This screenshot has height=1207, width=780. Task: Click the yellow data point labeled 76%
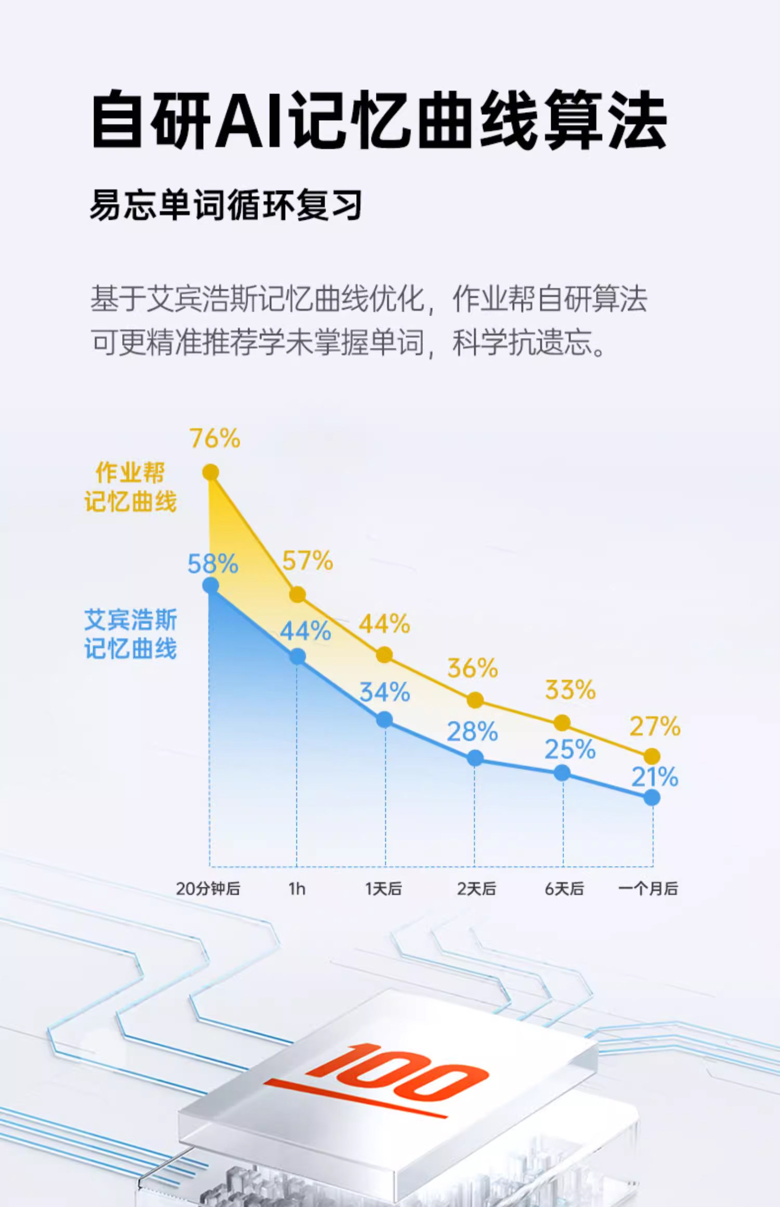(210, 472)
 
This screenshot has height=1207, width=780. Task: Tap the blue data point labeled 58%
(210, 585)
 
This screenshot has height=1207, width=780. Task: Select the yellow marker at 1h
(297, 594)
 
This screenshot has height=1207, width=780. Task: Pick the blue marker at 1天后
(384, 719)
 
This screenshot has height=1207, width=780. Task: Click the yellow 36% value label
(472, 668)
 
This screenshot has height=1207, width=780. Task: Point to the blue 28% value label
(472, 732)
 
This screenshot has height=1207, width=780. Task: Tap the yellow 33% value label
(570, 690)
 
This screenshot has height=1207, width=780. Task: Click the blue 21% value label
(655, 777)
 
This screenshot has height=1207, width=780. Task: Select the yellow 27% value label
(655, 726)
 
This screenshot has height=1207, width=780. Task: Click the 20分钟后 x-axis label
(208, 889)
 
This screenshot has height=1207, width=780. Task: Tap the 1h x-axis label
(297, 889)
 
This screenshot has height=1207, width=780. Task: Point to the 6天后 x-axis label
(564, 889)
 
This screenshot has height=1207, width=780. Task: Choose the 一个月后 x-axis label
(648, 889)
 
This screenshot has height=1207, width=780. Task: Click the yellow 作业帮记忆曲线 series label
(131, 487)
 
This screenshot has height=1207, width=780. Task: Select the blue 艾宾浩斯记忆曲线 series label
(131, 634)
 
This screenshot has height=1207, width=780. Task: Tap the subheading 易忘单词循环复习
(226, 205)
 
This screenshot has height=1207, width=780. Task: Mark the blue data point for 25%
(562, 773)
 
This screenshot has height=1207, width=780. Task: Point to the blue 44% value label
(305, 631)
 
